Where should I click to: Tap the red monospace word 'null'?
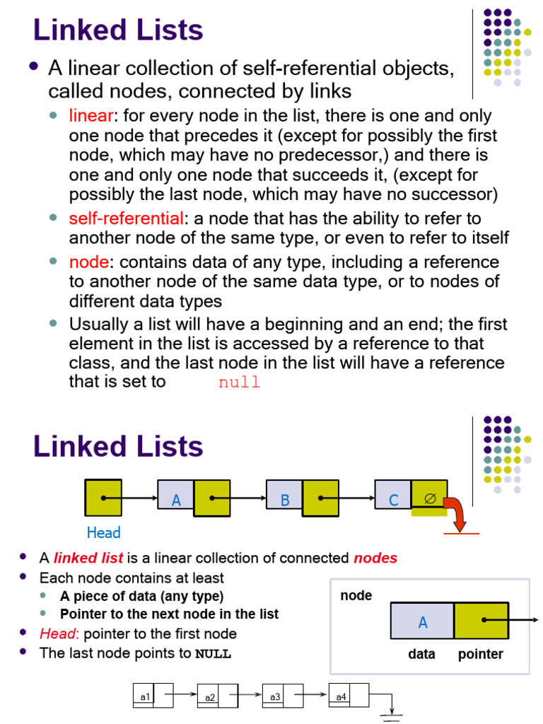click(x=239, y=383)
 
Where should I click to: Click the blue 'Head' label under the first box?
click(x=103, y=532)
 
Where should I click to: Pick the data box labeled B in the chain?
click(x=284, y=500)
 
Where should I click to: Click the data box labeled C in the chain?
click(x=393, y=500)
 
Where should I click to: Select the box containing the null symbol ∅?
click(x=429, y=498)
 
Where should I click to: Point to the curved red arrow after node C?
click(x=456, y=515)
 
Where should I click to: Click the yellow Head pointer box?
click(x=103, y=498)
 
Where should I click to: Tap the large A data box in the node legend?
click(x=423, y=621)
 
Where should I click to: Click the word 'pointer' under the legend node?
click(x=480, y=654)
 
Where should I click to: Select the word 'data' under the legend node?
click(x=421, y=654)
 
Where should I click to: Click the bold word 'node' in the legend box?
click(x=356, y=595)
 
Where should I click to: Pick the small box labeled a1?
click(x=144, y=696)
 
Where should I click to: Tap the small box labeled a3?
click(x=274, y=696)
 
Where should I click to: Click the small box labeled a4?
click(x=340, y=696)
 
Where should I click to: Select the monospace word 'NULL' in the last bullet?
click(x=213, y=653)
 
